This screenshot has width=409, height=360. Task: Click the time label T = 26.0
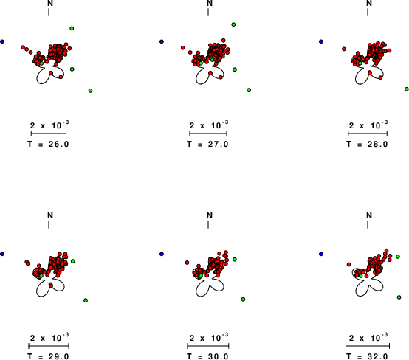coord(48,144)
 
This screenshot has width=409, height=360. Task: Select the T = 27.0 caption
coord(207,144)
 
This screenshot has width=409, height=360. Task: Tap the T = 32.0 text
coord(367,356)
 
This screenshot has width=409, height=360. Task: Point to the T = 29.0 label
coord(48,356)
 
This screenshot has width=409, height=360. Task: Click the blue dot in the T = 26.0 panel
coord(2,41)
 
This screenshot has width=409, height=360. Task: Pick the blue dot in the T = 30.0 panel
coord(162,254)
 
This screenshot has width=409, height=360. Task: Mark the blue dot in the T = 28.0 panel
coord(321,41)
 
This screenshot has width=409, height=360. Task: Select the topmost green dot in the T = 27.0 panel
coord(233,24)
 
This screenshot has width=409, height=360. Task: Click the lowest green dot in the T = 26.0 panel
coord(90,91)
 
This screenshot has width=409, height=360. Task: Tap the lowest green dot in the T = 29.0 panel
coord(86,300)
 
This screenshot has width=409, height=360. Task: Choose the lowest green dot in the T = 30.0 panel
coord(243,300)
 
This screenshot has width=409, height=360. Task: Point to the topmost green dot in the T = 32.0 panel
coord(398,257)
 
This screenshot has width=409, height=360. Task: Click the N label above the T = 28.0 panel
coord(369,4)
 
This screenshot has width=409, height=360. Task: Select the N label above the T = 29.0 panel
coord(50,215)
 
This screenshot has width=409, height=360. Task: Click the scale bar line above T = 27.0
coord(208,134)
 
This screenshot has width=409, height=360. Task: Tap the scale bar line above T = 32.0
coord(368,346)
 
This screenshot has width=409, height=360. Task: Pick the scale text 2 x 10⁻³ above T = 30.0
coord(209,337)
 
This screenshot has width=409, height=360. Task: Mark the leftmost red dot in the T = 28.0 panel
coord(344,49)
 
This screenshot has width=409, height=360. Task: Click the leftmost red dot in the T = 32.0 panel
coord(349,265)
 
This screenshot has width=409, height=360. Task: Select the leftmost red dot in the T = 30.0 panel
coord(187,263)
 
